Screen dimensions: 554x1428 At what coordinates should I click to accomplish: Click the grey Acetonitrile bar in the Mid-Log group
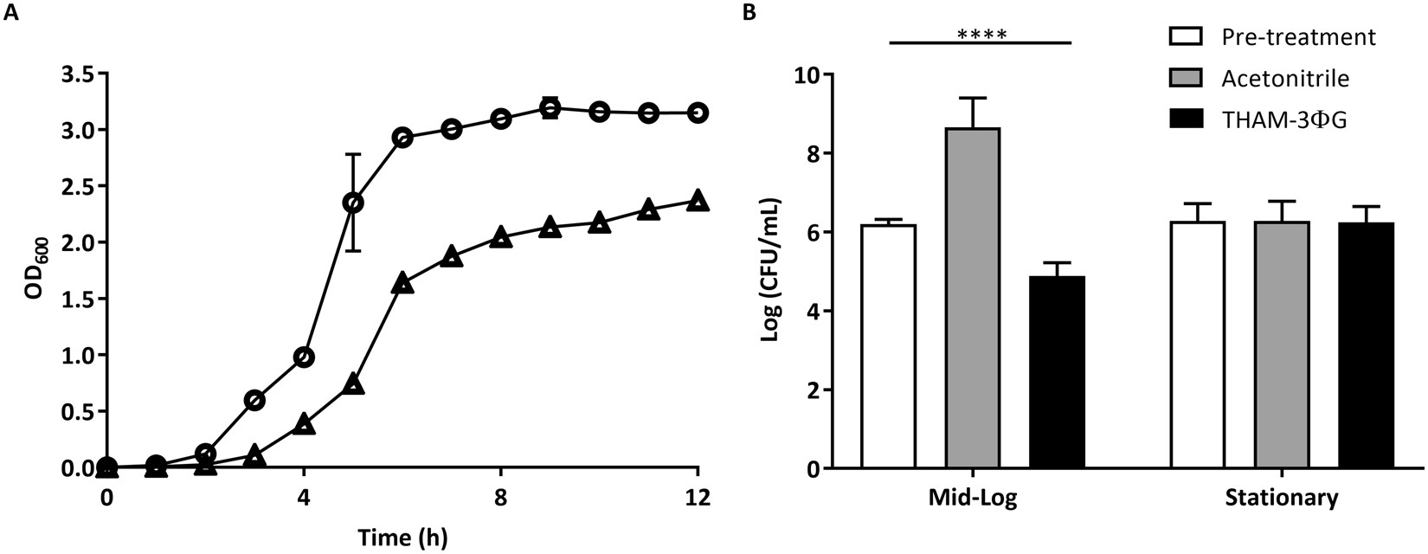pyautogui.click(x=973, y=299)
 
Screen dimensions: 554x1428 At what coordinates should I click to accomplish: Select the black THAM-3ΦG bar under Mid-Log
pyautogui.click(x=1057, y=372)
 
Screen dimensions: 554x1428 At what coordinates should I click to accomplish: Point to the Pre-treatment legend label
pyautogui.click(x=1298, y=37)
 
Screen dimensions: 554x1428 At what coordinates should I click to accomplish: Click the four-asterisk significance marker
pyautogui.click(x=981, y=35)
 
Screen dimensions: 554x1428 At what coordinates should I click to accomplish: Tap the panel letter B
pyautogui.click(x=749, y=12)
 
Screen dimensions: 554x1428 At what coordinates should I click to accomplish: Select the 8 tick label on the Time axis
pyautogui.click(x=500, y=499)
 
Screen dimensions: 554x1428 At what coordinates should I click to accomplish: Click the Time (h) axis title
pyautogui.click(x=402, y=538)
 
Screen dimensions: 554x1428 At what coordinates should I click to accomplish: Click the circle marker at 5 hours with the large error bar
pyautogui.click(x=353, y=203)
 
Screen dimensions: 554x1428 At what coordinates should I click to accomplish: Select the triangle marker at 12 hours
pyautogui.click(x=698, y=201)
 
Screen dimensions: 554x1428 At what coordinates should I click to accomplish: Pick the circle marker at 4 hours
pyautogui.click(x=304, y=357)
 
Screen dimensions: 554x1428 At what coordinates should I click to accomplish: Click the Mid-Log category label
pyautogui.click(x=973, y=499)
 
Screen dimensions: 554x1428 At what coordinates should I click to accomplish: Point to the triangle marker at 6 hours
pyautogui.click(x=402, y=282)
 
